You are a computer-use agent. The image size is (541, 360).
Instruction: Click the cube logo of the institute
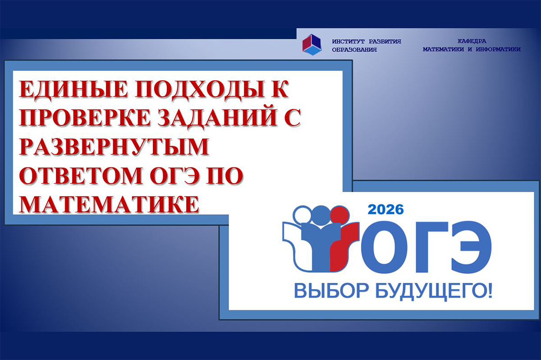click(x=312, y=45)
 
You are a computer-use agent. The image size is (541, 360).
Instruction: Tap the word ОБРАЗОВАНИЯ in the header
click(x=354, y=50)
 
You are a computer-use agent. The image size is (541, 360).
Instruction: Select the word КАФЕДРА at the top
click(x=472, y=42)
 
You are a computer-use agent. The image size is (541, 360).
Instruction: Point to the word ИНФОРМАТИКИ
click(x=498, y=50)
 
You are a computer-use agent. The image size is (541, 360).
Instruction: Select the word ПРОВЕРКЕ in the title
click(x=84, y=118)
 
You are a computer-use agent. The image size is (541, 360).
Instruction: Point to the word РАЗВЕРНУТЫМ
click(x=114, y=147)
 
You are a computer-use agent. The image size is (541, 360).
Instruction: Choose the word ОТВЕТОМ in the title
click(x=80, y=175)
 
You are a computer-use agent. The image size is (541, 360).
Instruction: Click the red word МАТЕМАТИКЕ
click(x=109, y=204)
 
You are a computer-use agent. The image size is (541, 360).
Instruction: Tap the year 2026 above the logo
click(x=385, y=210)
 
